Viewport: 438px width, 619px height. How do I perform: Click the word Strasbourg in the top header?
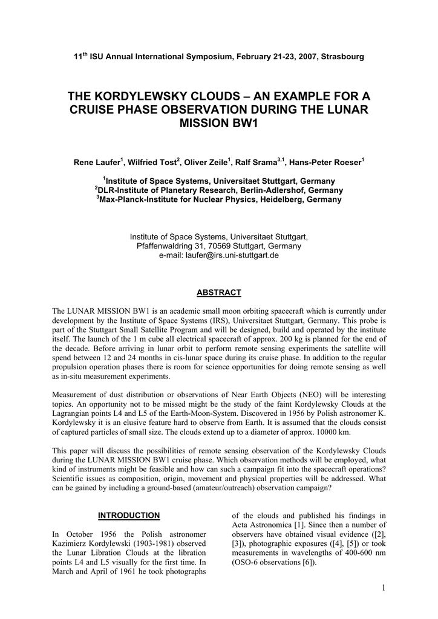click(x=342, y=57)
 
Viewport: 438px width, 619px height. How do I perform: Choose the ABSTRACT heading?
click(x=219, y=293)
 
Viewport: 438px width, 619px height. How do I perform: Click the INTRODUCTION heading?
click(x=129, y=515)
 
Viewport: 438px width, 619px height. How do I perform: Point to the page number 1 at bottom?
click(x=384, y=588)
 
